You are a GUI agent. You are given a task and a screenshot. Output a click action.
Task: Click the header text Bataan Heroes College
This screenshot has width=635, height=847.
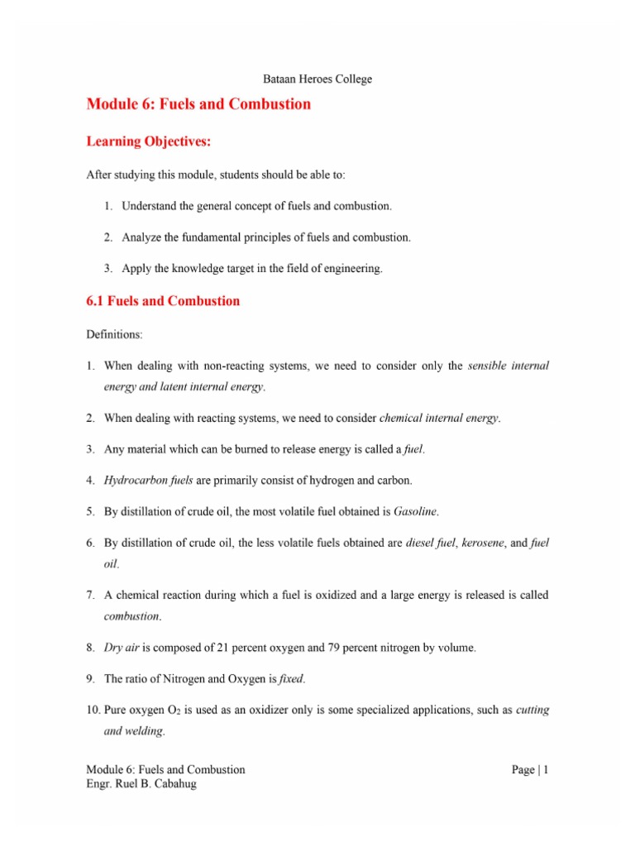click(x=317, y=79)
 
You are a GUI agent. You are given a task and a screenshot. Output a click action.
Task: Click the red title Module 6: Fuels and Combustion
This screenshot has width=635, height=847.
click(x=198, y=104)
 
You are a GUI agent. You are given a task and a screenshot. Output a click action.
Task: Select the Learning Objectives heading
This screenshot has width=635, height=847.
click(x=149, y=142)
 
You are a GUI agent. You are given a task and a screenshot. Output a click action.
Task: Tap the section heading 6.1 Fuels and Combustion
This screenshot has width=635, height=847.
click(x=163, y=301)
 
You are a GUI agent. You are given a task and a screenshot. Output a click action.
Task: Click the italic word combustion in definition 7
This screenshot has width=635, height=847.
click(x=132, y=616)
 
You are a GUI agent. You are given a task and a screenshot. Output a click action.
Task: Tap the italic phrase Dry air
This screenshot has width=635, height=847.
click(x=120, y=648)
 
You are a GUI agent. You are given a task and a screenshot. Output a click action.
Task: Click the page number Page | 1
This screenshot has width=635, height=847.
click(x=530, y=769)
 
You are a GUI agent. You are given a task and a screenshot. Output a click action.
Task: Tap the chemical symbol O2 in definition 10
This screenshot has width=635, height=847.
click(x=168, y=710)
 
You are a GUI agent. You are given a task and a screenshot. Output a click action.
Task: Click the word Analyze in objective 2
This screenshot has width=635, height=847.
click(x=141, y=237)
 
